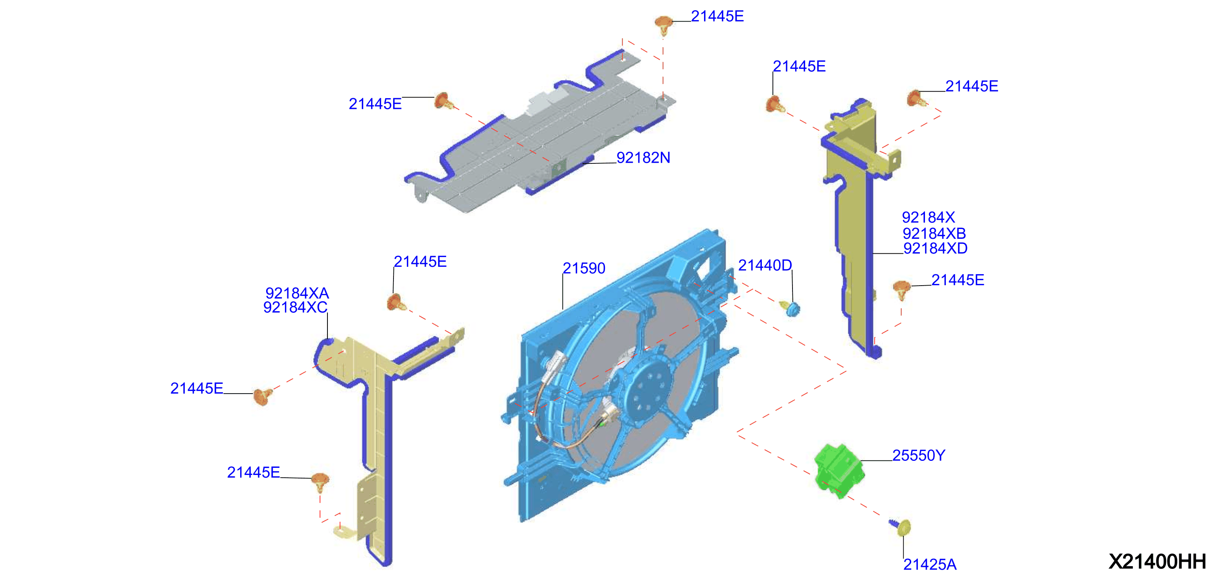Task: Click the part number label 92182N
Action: point(643,158)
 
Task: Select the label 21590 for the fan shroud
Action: point(583,268)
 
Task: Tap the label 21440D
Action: point(765,265)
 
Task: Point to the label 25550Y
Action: point(919,455)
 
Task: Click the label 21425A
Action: point(930,564)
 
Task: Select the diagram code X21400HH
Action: point(1157,561)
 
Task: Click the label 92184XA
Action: point(297,293)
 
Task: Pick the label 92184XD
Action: point(935,248)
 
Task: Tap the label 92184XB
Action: point(934,233)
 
